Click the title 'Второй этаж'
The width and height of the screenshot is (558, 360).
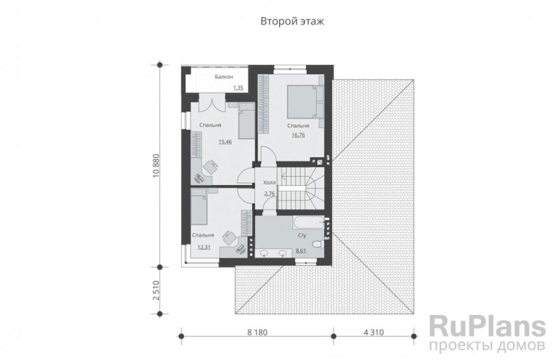(292, 21)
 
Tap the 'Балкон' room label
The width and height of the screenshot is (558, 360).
(224, 76)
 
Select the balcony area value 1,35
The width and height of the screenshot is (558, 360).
(238, 88)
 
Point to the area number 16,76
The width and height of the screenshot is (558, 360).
(298, 135)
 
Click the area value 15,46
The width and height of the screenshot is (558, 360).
(225, 142)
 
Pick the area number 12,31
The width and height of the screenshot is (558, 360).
(204, 247)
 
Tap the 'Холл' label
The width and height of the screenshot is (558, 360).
(269, 182)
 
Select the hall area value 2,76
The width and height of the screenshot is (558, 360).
(269, 193)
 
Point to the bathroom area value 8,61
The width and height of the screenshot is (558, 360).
(301, 251)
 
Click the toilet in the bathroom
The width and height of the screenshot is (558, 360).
(317, 245)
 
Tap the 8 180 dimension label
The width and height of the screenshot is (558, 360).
(257, 332)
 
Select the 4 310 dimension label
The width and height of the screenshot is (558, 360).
(374, 332)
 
